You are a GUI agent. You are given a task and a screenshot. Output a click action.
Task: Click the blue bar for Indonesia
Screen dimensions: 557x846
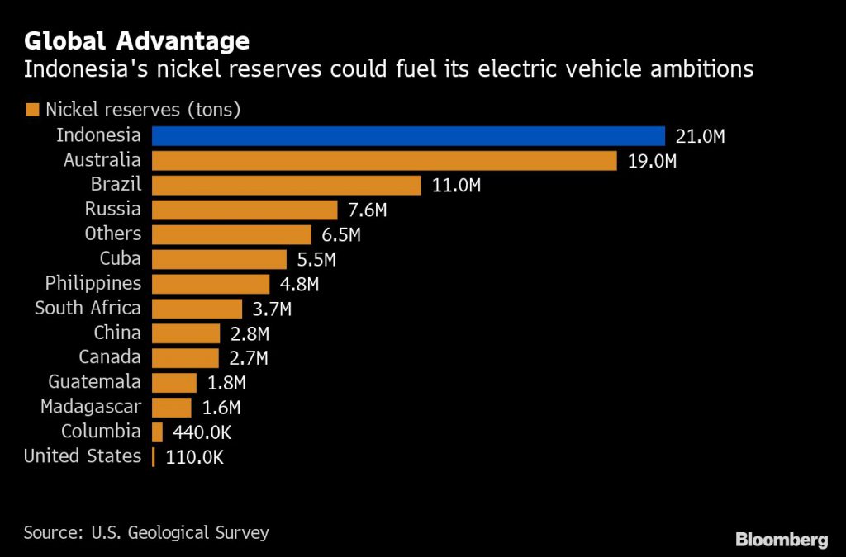(x=409, y=136)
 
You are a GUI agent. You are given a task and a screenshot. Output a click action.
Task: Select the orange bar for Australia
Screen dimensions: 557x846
(x=385, y=161)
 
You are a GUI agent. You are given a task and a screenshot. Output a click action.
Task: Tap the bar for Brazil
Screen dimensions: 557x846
(x=288, y=186)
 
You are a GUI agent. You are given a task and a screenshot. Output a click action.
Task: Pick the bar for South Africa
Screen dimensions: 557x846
(x=197, y=309)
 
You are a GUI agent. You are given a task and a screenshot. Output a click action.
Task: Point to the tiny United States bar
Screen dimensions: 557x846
(x=154, y=457)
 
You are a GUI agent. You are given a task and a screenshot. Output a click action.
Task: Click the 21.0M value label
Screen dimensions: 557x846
(x=701, y=137)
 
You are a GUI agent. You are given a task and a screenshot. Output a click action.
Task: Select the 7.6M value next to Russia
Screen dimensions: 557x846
(x=367, y=210)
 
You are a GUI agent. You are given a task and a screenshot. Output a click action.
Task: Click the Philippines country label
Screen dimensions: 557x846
(x=93, y=284)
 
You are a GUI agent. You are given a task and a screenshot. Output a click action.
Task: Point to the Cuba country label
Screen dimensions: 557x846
(x=120, y=259)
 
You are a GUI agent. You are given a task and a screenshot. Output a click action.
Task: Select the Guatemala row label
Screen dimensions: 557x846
(x=94, y=383)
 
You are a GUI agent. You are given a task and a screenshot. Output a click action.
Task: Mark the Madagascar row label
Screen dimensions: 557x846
(x=91, y=407)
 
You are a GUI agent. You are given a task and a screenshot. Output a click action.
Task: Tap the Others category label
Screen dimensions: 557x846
(x=113, y=234)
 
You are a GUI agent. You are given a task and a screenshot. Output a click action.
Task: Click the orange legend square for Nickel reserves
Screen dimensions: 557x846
(x=33, y=109)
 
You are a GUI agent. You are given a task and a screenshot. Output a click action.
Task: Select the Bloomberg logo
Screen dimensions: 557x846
(x=782, y=540)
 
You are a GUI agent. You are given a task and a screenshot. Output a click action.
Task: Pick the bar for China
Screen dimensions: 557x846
(x=187, y=333)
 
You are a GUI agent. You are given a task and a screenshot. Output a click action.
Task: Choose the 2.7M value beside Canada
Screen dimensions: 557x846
(x=249, y=358)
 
